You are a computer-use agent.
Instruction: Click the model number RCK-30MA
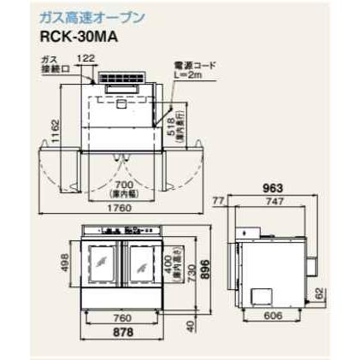coord(77,37)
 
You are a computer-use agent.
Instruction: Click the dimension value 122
coord(86,58)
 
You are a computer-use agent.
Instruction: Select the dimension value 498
coord(65,265)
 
